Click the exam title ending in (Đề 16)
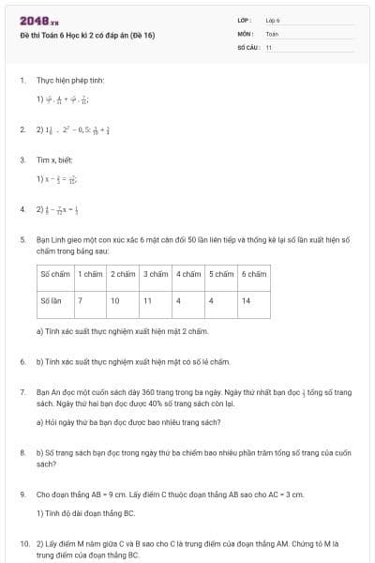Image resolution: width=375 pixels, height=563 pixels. point(87,36)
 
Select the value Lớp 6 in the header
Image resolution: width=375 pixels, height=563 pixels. point(273,20)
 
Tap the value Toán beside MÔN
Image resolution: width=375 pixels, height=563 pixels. point(272,34)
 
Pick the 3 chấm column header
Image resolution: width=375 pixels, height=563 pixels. point(155,275)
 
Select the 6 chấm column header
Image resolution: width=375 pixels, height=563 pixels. point(253,275)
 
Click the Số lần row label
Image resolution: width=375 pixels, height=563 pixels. point(52,300)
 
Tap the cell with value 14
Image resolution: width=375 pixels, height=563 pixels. point(246,300)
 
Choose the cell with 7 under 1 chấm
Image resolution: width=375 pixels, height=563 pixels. point(81,300)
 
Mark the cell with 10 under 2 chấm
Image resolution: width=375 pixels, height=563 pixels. point(114,300)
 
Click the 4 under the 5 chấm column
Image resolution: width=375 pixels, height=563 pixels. point(211,300)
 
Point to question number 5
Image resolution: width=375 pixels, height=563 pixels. point(22,240)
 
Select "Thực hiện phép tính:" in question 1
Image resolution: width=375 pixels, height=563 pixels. point(67,81)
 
